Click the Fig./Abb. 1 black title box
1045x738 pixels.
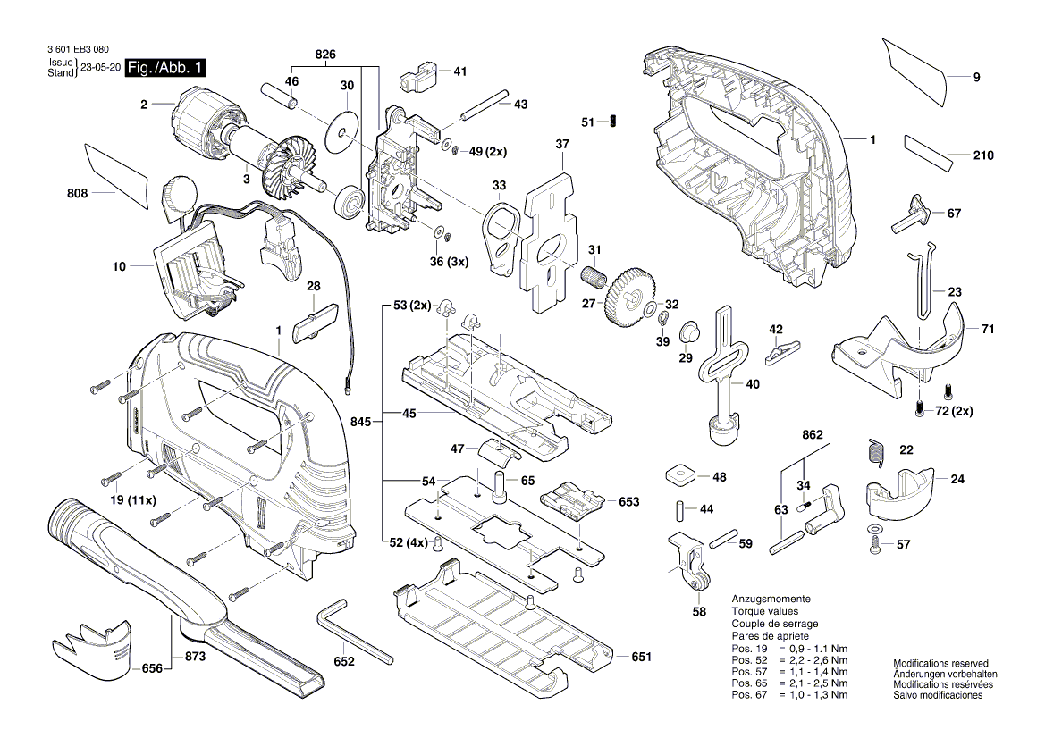pyautogui.click(x=167, y=68)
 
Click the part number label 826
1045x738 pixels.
pyautogui.click(x=325, y=55)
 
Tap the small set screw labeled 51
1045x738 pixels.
pyautogui.click(x=614, y=121)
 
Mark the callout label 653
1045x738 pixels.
pyautogui.click(x=629, y=502)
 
